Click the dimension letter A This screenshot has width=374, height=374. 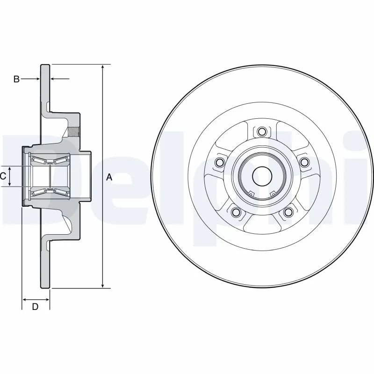pyautogui.click(x=109, y=177)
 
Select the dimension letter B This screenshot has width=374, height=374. pyautogui.click(x=16, y=79)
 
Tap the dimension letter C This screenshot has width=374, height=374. pyautogui.click(x=3, y=176)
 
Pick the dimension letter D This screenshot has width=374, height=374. pyautogui.click(x=35, y=307)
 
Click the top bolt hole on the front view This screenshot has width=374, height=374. pyautogui.click(x=262, y=131)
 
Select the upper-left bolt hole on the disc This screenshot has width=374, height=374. pyautogui.click(x=219, y=162)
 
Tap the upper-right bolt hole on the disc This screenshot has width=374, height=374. pyautogui.click(x=305, y=162)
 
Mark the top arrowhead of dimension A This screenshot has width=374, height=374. pyautogui.click(x=102, y=66)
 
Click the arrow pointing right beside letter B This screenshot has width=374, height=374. pyautogui.click(x=36, y=79)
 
